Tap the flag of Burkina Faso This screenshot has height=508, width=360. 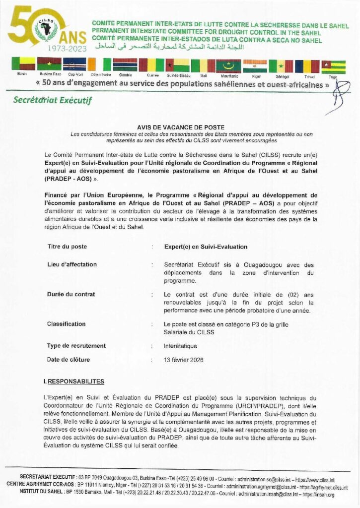[49, 64]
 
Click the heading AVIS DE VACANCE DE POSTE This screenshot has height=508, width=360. [180, 127]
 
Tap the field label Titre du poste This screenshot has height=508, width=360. [67, 247]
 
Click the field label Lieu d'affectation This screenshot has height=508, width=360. [72, 264]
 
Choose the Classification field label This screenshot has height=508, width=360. [66, 324]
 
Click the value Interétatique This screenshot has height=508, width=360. [180, 346]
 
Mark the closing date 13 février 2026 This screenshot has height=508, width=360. [184, 360]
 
